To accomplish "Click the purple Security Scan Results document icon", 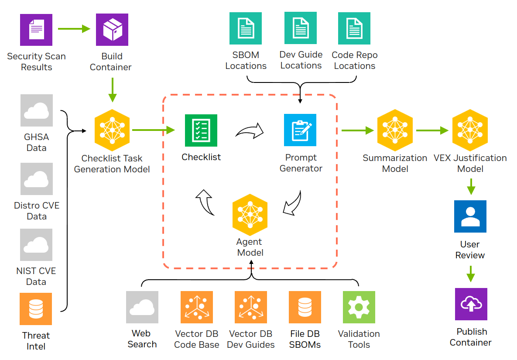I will (x=36, y=30).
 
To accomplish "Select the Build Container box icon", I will (x=112, y=30).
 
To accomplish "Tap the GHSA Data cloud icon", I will (x=37, y=110).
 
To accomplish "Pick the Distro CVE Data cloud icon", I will (x=37, y=179).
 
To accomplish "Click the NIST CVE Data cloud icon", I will (x=37, y=245).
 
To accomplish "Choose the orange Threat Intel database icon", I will (x=36, y=309).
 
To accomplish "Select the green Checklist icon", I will (x=201, y=130).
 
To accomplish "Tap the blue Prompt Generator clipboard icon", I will (x=300, y=130).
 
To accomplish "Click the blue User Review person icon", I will (x=470, y=216).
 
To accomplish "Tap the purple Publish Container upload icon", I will (x=471, y=304).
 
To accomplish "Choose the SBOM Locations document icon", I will (x=246, y=28).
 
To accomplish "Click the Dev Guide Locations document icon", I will (x=301, y=28).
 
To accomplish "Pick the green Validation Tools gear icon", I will (x=359, y=307).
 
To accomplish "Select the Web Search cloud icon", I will (x=142, y=307).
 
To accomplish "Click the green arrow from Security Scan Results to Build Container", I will (x=73, y=29).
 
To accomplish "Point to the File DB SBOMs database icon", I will (x=305, y=307).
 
